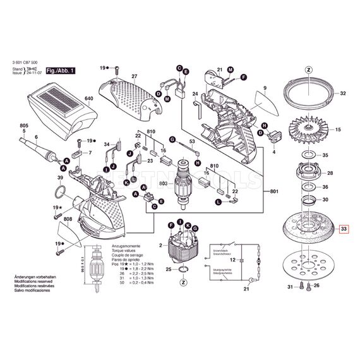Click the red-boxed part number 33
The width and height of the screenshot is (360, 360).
point(343,229)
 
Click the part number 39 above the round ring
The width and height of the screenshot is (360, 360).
point(60,179)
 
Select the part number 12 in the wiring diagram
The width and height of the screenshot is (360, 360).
point(232,260)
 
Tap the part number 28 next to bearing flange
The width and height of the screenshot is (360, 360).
point(328,172)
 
